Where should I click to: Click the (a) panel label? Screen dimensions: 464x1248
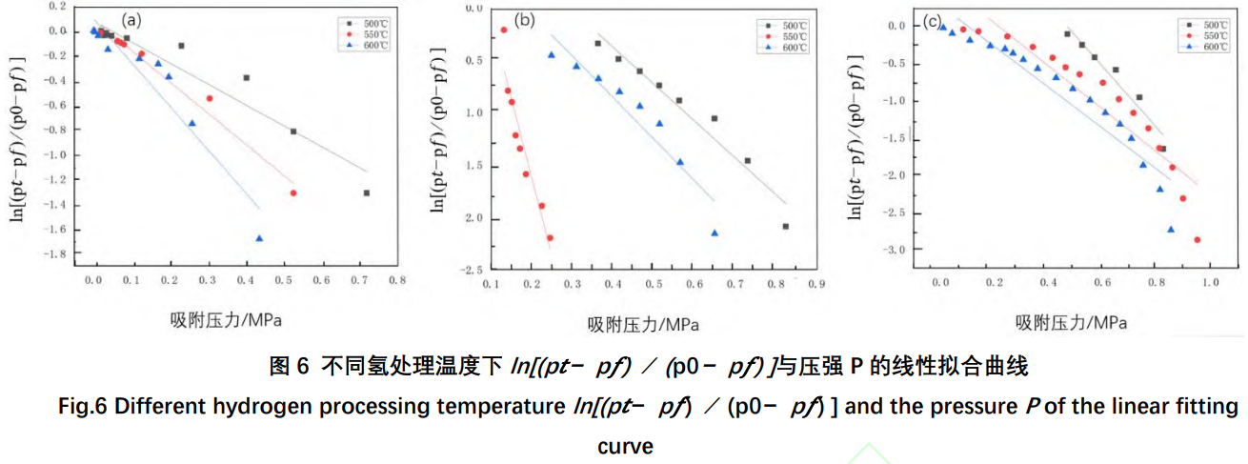pos(132,18)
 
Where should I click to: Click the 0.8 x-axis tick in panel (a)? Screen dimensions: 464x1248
pos(397,281)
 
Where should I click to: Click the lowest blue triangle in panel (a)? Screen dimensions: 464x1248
pos(259,238)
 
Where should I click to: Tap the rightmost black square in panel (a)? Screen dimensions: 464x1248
pos(366,192)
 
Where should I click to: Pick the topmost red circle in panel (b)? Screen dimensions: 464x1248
pos(504,30)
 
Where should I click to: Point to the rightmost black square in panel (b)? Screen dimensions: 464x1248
pos(786,226)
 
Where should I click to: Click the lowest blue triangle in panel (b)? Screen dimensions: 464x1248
pos(715,232)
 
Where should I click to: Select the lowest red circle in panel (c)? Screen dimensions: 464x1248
pos(1198,240)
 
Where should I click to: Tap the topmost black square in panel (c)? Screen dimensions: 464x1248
pos(1067,34)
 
